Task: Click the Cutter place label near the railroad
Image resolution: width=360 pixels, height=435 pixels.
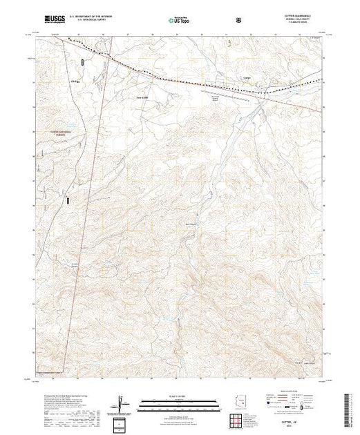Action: click(228, 77)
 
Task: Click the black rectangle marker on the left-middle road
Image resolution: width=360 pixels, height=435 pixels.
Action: click(68, 200)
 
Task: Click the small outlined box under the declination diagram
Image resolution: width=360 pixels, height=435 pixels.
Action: click(122, 423)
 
